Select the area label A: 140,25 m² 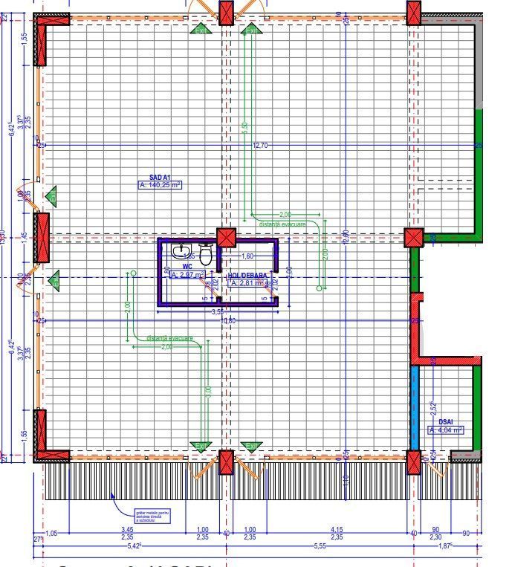[160, 186]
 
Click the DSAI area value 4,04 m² [446, 430]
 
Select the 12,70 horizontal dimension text [260, 146]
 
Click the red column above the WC [226, 237]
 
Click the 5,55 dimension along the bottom [320, 546]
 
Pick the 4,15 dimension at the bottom [337, 529]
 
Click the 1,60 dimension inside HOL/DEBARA [248, 256]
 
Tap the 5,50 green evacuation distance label [245, 128]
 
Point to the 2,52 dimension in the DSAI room [433, 408]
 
